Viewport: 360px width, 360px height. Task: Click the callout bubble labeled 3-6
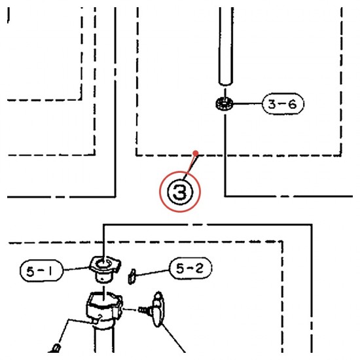coord(283,104)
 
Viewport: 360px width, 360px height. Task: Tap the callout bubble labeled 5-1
coord(41,271)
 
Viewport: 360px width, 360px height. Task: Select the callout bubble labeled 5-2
coord(190,268)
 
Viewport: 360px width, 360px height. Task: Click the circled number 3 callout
coord(180,192)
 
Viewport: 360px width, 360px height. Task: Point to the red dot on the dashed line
coord(196,153)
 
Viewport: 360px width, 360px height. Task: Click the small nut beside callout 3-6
coord(225,104)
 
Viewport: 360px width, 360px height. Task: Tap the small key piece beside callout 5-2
coord(132,276)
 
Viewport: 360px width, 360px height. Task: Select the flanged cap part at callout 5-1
coord(105,269)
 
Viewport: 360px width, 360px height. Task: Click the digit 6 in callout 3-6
coord(292,104)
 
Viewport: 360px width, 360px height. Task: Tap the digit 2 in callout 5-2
coord(199,268)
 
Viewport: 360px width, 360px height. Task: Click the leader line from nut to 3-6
coord(247,104)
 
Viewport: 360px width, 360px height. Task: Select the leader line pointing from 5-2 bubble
coord(153,272)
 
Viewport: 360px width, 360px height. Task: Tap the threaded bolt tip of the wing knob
coord(143,310)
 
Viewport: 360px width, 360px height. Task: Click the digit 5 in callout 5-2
coord(181,268)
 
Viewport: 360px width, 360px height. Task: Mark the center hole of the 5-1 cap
coord(103,263)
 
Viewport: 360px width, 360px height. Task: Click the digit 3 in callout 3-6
coord(272,104)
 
